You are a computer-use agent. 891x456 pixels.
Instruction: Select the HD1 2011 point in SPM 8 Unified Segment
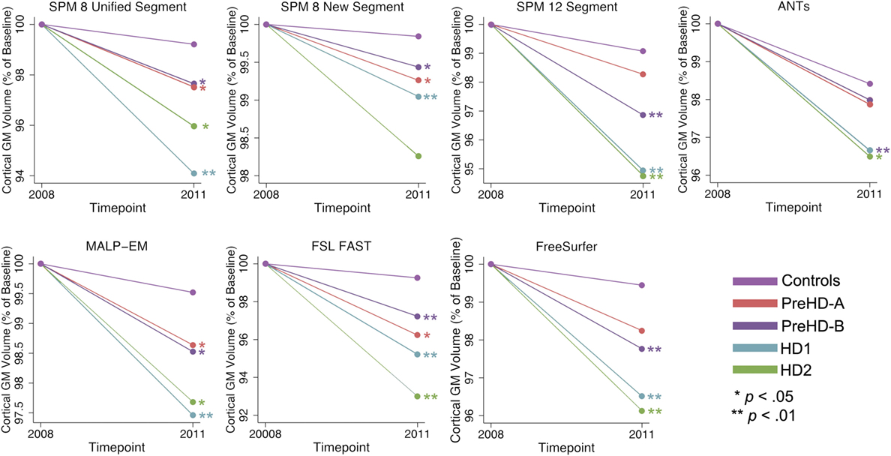[x=193, y=173]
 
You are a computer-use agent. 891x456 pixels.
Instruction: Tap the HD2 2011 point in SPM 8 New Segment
[x=418, y=156]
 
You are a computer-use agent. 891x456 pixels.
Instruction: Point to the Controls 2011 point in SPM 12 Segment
[x=643, y=51]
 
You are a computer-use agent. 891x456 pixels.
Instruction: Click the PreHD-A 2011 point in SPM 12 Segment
[x=643, y=73]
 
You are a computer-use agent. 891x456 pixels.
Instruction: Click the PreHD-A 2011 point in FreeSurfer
[x=641, y=331]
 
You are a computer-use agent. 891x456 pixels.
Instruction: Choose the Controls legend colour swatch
[x=757, y=281]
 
